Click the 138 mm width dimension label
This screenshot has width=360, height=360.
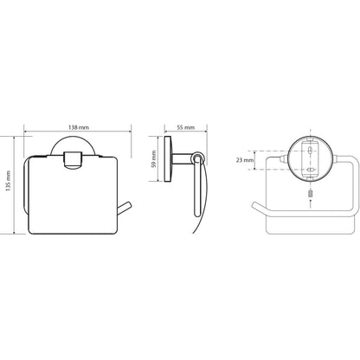tap(79, 127)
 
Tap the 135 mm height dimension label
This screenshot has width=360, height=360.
tap(9, 181)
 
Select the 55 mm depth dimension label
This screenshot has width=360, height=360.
tap(186, 127)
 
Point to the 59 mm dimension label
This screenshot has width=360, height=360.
tap(154, 159)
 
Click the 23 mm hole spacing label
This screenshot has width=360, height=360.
tap(245, 160)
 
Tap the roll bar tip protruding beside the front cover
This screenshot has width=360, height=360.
tap(125, 209)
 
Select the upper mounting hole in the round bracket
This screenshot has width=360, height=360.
tap(310, 151)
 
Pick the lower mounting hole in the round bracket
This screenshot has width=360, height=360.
tap(310, 170)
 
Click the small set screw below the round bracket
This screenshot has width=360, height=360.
tap(310, 193)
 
